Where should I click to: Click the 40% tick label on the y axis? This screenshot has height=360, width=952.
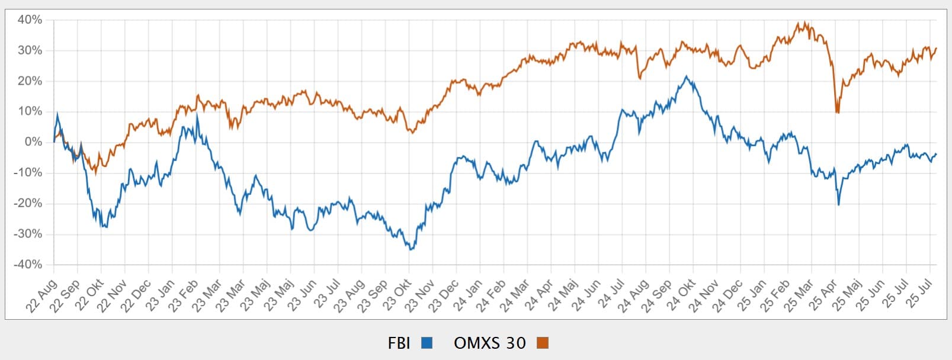point(30,20)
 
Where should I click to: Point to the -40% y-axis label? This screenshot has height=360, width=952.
point(28,265)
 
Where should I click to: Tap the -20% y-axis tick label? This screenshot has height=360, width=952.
point(28,203)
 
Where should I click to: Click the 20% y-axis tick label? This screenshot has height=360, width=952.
point(30,81)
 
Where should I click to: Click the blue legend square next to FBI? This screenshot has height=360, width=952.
point(427,343)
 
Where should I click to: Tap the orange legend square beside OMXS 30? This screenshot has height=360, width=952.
point(542,343)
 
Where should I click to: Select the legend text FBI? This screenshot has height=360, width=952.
point(399,343)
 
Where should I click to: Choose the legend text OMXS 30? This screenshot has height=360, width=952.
point(489,343)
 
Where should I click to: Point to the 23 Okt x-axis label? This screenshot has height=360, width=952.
point(398,294)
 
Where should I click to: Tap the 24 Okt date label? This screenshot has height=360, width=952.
point(681,294)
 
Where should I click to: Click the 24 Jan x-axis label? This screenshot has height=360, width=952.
point(469,294)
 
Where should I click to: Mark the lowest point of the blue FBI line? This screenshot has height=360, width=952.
point(411,249)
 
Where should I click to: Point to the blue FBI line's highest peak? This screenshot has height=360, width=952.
point(686,76)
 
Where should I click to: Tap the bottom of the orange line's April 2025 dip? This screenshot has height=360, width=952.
point(837,112)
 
